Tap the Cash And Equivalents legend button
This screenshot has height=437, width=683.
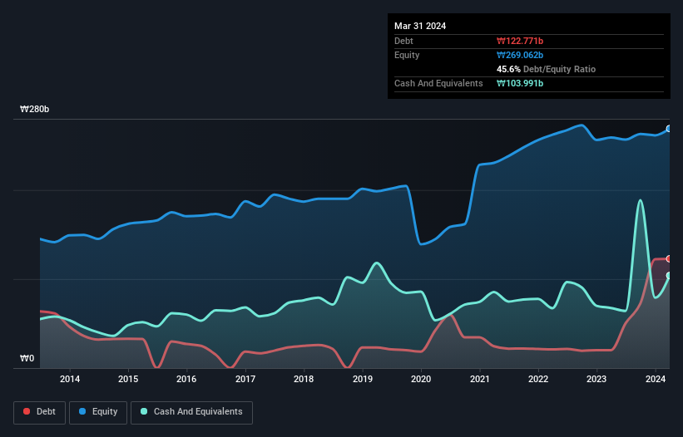(191, 412)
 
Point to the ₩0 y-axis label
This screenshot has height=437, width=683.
(27, 359)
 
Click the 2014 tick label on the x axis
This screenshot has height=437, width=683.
(70, 380)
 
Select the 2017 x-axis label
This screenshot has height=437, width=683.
(245, 380)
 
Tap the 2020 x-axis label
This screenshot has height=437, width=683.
(421, 380)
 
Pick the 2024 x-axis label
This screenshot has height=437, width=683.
(656, 380)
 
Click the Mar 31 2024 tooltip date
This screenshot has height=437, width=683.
(420, 26)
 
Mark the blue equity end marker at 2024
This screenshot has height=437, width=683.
(669, 129)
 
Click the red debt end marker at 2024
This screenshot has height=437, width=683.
(669, 259)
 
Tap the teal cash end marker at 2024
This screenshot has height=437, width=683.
(669, 276)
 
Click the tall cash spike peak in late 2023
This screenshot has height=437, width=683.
(640, 200)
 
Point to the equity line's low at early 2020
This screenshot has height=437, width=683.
(422, 244)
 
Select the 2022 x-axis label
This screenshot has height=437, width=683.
(538, 380)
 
